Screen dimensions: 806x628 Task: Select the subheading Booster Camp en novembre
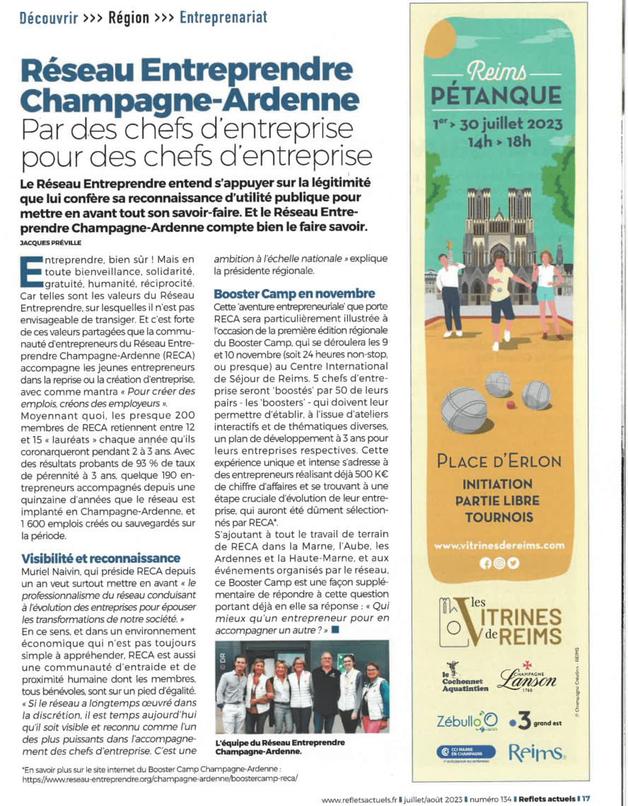click(294, 293)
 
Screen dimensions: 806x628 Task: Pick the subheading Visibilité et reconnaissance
click(100, 559)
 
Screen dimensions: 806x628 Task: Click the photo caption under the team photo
click(280, 747)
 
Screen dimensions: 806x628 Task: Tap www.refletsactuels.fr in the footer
click(359, 799)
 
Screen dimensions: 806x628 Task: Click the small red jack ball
click(510, 404)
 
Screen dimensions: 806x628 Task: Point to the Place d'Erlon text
click(499, 462)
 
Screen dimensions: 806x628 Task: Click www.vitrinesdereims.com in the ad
click(499, 545)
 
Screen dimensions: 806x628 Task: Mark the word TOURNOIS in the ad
click(499, 517)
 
